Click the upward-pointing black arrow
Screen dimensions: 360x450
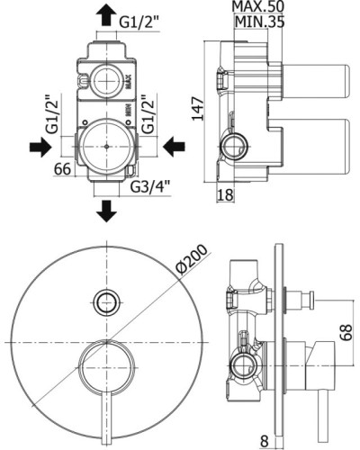click(x=106, y=15)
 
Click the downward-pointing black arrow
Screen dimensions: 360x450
click(x=106, y=211)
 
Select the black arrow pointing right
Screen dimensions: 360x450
click(x=40, y=147)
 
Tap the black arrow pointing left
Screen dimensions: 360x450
click(x=174, y=147)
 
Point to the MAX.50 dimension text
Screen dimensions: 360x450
click(x=258, y=6)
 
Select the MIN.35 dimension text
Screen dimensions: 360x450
click(x=260, y=22)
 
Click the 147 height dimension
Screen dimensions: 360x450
click(x=198, y=109)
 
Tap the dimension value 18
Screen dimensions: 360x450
click(x=225, y=195)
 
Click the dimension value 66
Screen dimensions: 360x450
click(x=62, y=168)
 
